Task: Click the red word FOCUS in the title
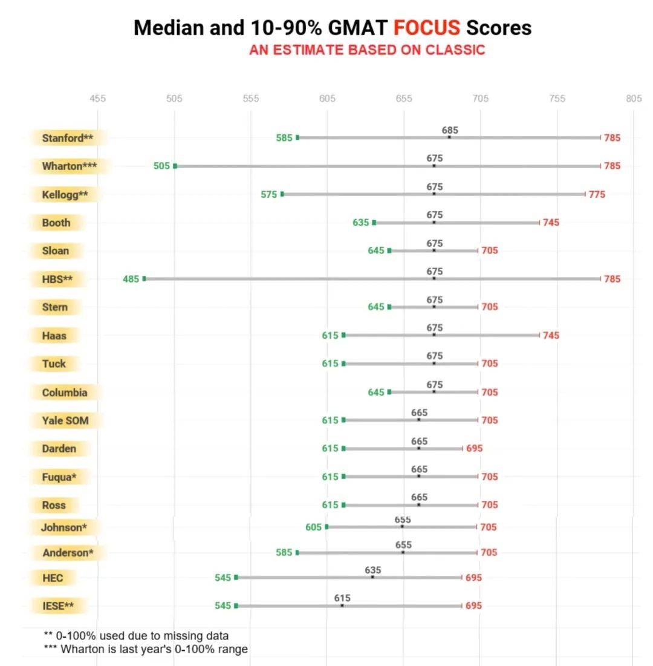point(426,27)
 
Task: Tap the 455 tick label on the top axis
point(97,99)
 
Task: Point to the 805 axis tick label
point(634,99)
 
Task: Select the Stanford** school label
point(68,138)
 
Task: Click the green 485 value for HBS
point(131,279)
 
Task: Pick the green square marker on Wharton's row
point(175,166)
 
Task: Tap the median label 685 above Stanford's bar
point(450,130)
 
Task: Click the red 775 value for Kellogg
point(597,194)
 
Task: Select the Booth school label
point(56,223)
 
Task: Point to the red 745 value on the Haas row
point(551,336)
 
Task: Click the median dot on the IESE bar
point(342,605)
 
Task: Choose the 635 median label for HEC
point(373,570)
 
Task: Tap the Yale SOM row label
point(65,420)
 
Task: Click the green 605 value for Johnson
point(313,527)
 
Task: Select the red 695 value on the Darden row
point(475,449)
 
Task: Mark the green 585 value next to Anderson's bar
point(284,553)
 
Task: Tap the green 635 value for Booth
point(360,223)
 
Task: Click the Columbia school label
point(65,393)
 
